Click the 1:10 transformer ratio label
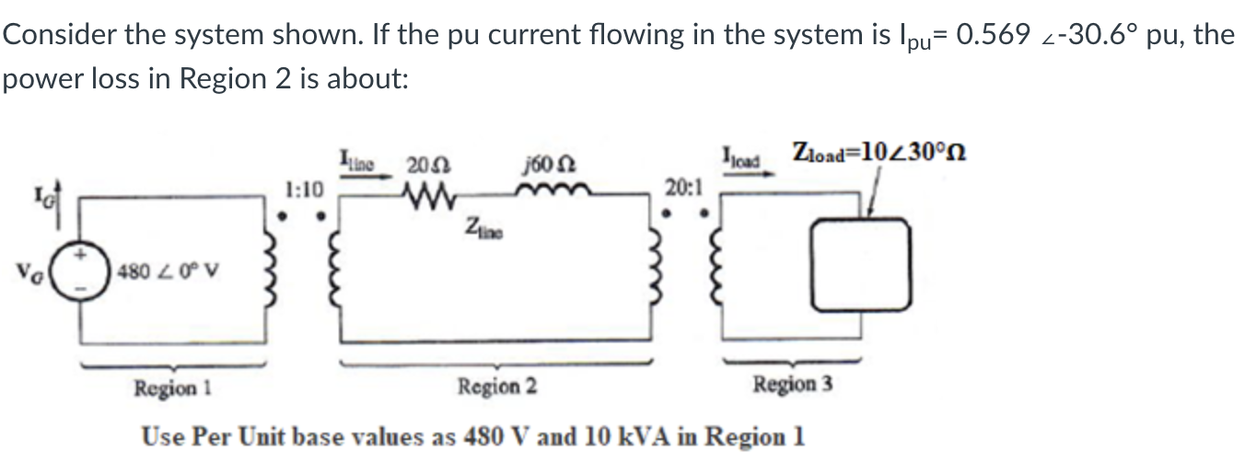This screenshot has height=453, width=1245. click(304, 190)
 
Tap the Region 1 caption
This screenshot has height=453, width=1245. click(174, 388)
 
